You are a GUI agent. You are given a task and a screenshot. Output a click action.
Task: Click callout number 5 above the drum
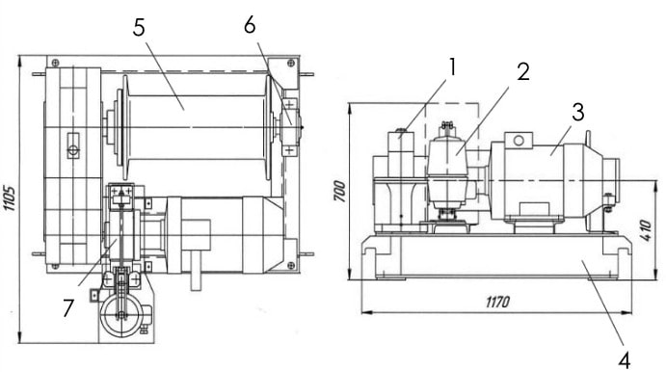tap(139, 28)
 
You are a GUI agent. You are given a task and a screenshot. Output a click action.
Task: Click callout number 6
tap(250, 25)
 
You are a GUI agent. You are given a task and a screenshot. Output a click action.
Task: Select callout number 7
tap(68, 308)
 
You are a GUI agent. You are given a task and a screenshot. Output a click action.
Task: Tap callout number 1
tap(452, 67)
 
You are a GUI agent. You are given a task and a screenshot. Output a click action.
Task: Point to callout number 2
tap(523, 71)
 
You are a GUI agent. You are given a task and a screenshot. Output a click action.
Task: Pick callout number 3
tap(578, 112)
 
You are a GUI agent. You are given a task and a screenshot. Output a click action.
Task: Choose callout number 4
tap(624, 361)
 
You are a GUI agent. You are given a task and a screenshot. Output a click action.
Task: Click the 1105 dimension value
tap(10, 198)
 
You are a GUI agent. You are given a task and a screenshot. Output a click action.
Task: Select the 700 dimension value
tap(339, 191)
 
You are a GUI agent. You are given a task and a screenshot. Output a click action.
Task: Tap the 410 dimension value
tap(646, 230)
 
